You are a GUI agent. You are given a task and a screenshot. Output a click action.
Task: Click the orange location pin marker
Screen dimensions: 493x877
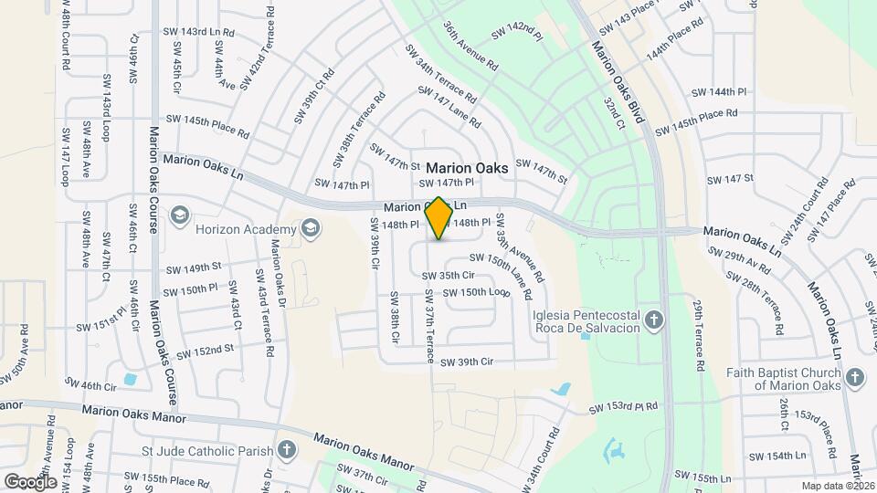click(x=439, y=218)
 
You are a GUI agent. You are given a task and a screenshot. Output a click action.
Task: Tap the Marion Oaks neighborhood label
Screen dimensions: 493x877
click(x=467, y=168)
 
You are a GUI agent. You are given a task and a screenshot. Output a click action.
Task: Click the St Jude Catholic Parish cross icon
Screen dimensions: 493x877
click(x=287, y=448)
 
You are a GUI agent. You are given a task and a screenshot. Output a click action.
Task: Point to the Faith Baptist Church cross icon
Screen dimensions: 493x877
click(x=854, y=377)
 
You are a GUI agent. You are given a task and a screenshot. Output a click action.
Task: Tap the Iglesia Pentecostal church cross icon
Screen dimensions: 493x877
click(x=653, y=320)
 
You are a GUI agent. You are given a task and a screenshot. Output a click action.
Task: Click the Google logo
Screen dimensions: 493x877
click(x=30, y=481)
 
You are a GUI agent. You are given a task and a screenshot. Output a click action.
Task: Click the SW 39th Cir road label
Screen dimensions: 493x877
click(x=466, y=362)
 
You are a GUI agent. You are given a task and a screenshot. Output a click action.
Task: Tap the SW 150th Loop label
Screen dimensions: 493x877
click(x=475, y=292)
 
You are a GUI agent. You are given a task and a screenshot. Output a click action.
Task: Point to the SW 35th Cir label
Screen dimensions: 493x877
click(x=448, y=275)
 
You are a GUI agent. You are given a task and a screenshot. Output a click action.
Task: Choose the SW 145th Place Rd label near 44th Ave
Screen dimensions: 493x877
click(x=207, y=125)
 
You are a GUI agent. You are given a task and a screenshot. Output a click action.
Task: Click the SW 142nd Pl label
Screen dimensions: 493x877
click(x=517, y=31)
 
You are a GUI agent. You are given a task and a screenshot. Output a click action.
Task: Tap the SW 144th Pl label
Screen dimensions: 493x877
click(x=719, y=92)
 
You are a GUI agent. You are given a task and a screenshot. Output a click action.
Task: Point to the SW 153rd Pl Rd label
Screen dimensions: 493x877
click(x=623, y=406)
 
